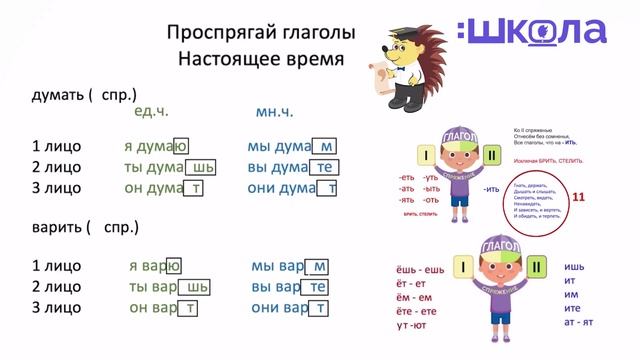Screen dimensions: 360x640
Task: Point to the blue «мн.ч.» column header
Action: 276,112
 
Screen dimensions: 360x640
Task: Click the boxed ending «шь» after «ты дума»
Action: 203,167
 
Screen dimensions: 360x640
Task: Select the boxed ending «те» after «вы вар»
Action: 318,287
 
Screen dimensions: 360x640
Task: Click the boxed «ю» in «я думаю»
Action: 181,147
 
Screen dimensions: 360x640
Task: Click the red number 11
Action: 579,199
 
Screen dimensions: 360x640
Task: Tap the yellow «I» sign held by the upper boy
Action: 426,156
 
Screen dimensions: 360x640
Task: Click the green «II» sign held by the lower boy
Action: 535,267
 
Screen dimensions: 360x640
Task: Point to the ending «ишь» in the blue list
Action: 574,267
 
